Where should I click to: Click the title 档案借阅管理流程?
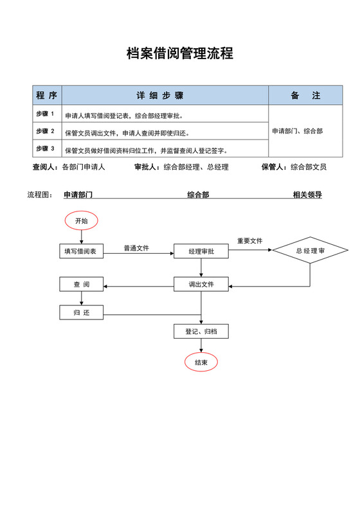click(180, 53)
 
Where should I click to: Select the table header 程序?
click(46, 95)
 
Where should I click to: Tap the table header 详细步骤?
click(159, 95)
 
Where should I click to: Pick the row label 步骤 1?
click(45, 114)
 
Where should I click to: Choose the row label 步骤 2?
click(45, 132)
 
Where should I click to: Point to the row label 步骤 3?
click(45, 149)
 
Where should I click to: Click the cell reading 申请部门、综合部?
click(297, 131)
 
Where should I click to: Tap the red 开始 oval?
click(81, 220)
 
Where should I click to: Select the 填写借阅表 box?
click(81, 251)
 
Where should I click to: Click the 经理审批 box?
click(201, 251)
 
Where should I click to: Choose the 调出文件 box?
click(201, 284)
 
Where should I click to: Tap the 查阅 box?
click(81, 284)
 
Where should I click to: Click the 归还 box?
click(81, 313)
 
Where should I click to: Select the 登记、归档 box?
click(201, 332)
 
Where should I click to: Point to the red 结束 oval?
click(201, 362)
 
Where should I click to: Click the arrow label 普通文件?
click(136, 248)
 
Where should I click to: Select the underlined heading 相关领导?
click(307, 195)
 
